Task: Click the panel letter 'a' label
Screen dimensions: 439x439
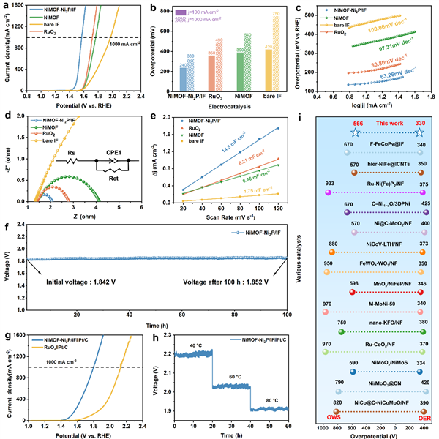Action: [x=5, y=7]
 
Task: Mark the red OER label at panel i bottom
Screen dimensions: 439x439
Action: [x=415, y=416]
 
